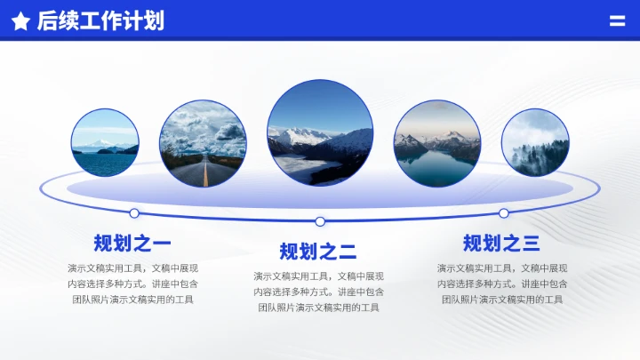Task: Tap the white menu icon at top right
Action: click(617, 21)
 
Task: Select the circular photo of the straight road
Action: click(203, 143)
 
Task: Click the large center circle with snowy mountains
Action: click(320, 132)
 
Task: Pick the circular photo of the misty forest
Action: click(535, 143)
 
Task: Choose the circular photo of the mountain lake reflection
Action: click(437, 143)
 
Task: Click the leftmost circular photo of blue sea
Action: click(105, 143)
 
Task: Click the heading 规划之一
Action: click(132, 244)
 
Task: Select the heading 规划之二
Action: click(318, 252)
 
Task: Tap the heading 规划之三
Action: click(501, 244)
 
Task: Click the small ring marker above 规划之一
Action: click(134, 213)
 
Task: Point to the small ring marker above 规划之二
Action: click(320, 221)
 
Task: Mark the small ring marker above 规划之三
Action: click(504, 213)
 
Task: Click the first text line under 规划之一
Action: click(132, 268)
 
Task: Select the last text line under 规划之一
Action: click(132, 300)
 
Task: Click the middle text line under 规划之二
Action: click(318, 292)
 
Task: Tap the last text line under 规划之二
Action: click(318, 308)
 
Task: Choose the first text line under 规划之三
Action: click(502, 268)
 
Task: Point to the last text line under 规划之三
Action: click(502, 300)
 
